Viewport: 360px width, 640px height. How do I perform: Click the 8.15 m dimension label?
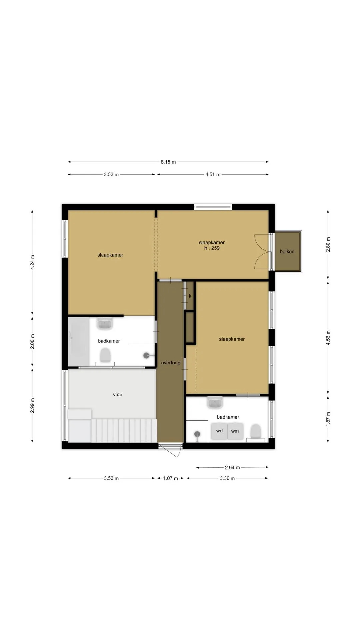pyautogui.click(x=168, y=162)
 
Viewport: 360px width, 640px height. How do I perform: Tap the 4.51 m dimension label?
pyautogui.click(x=213, y=174)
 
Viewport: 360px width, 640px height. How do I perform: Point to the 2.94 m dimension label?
pyautogui.click(x=232, y=467)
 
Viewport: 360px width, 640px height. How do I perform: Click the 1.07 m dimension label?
pyautogui.click(x=170, y=478)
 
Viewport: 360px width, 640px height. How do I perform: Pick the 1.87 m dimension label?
pyautogui.click(x=328, y=419)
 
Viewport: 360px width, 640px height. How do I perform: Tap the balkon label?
pyautogui.click(x=287, y=251)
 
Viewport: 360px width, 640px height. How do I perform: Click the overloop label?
pyautogui.click(x=171, y=363)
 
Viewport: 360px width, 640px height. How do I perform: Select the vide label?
pyautogui.click(x=118, y=394)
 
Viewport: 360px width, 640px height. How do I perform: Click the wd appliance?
pyautogui.click(x=219, y=431)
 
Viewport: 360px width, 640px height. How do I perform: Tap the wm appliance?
pyautogui.click(x=235, y=431)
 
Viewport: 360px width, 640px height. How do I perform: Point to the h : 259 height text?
pyautogui.click(x=212, y=248)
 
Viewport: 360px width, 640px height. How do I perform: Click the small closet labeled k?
pyautogui.click(x=190, y=296)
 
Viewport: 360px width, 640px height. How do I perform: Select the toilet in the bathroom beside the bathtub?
pyautogui.click(x=105, y=355)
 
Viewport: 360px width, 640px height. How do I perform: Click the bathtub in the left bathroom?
pyautogui.click(x=79, y=341)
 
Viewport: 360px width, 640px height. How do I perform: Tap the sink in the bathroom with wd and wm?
pyautogui.click(x=215, y=402)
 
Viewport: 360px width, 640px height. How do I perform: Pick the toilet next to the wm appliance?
pyautogui.click(x=256, y=431)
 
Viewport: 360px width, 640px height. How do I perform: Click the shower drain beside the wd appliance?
pyautogui.click(x=197, y=434)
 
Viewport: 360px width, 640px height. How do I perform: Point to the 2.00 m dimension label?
pyautogui.click(x=32, y=341)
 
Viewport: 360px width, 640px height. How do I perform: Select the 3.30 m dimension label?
pyautogui.click(x=227, y=478)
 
